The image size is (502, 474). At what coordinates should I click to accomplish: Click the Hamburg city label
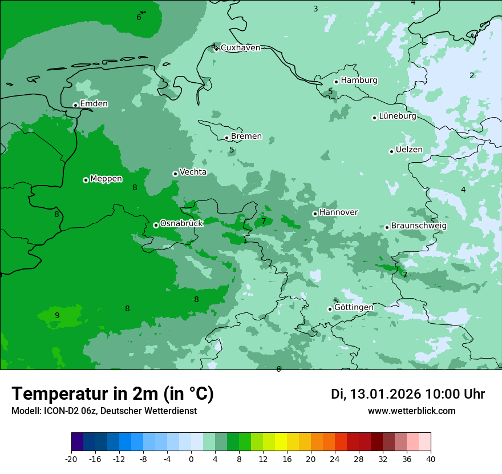coord(359,81)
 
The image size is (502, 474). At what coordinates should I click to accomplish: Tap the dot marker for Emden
coord(75,105)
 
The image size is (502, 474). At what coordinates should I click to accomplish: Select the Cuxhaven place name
coord(240,48)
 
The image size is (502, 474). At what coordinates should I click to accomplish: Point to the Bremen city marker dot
coord(226,138)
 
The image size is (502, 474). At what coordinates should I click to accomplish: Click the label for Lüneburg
coord(397,117)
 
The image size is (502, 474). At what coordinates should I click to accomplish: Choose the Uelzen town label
coord(409,150)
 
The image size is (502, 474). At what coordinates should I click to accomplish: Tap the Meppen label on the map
coord(106,179)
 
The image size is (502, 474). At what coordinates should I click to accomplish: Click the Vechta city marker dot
coord(175,174)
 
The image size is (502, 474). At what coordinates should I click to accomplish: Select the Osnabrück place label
coord(181,223)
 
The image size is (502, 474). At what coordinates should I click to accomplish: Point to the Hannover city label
coord(338,212)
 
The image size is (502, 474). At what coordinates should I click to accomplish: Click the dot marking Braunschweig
coord(387,227)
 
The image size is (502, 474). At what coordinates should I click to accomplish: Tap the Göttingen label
coord(354,307)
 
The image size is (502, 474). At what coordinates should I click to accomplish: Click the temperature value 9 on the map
coord(57,315)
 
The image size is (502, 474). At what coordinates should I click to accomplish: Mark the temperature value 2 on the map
coord(472,75)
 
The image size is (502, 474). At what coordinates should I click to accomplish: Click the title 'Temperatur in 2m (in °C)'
coord(112,393)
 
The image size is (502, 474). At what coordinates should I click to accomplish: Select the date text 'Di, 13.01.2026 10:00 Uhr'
coord(408,394)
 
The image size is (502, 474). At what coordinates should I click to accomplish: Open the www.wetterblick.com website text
coord(411,411)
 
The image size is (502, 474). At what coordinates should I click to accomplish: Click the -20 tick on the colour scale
coord(71,459)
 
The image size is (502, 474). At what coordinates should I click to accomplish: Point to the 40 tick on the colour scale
coord(431,459)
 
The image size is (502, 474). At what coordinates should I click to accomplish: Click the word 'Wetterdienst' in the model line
coord(171,411)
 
